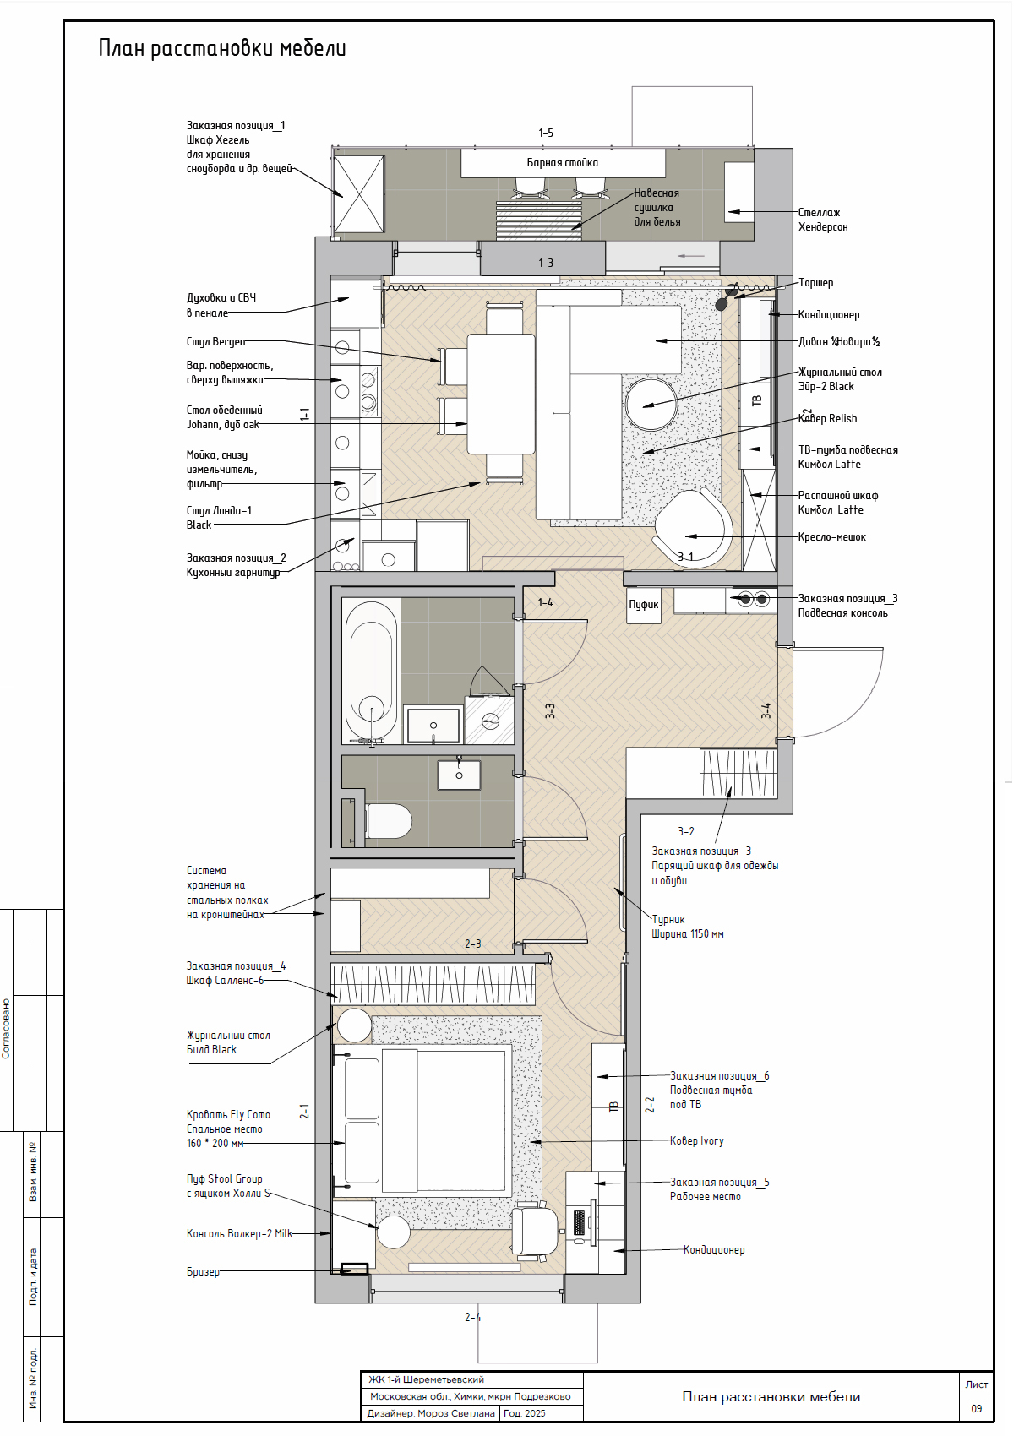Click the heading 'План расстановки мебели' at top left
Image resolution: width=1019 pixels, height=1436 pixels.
222,49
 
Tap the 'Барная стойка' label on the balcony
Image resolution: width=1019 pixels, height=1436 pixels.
563,163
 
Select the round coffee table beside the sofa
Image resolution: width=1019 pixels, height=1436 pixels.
651,403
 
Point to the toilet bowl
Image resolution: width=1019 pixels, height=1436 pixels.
389,821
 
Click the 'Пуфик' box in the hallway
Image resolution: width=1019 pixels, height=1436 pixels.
643,605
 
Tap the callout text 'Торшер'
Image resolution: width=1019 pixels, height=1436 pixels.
815,283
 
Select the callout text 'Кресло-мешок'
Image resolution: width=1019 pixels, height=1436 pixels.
831,537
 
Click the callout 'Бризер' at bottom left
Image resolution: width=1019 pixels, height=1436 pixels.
203,1271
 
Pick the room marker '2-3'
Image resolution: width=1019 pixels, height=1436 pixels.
472,944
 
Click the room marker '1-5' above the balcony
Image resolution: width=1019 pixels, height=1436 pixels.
545,133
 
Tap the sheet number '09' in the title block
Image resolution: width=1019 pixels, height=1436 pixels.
976,1408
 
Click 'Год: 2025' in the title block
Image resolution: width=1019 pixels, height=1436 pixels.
525,1413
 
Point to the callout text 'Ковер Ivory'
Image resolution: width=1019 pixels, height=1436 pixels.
696,1140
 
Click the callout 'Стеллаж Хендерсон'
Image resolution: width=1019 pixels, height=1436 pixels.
823,220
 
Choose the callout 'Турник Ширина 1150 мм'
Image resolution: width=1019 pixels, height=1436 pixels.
688,927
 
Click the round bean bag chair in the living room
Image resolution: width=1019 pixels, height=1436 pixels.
694,530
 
